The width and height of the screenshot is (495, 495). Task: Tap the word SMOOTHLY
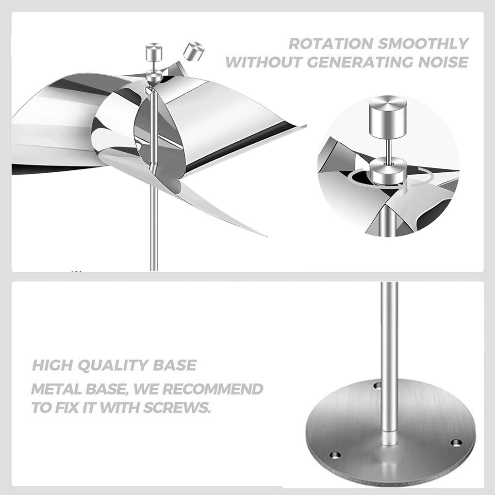point(423,44)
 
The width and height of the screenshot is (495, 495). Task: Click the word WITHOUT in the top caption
point(264,62)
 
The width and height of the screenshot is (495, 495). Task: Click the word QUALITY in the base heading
point(113,365)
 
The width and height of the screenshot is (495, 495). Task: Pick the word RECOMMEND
point(213,389)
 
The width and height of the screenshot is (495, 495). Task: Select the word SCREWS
point(177,407)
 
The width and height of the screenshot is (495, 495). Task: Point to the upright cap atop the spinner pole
point(153,52)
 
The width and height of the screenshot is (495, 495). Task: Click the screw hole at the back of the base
point(377,385)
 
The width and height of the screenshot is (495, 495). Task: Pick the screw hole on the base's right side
point(456,443)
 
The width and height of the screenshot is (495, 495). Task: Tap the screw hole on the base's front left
point(335,455)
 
